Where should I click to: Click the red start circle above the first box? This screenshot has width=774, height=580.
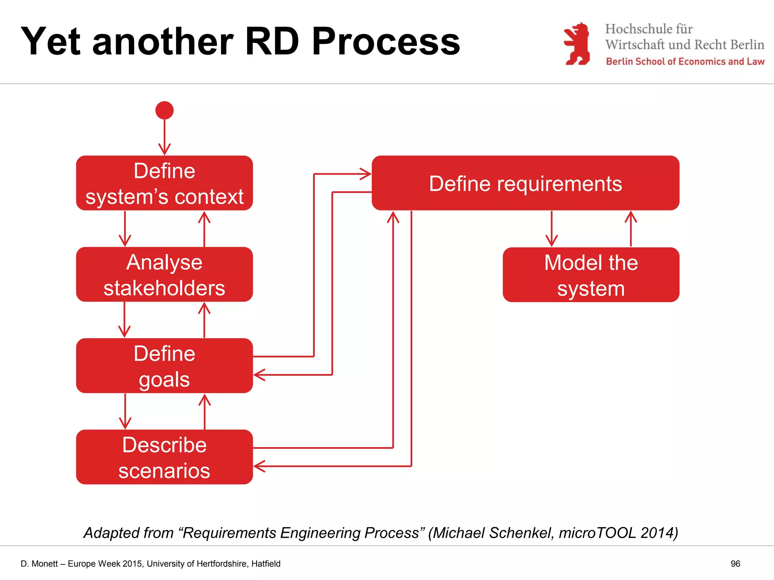pyautogui.click(x=164, y=110)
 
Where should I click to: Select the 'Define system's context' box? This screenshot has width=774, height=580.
pyautogui.click(x=164, y=183)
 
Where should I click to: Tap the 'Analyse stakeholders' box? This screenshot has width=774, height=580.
pyautogui.click(x=164, y=275)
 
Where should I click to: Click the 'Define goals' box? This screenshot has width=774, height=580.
pyautogui.click(x=164, y=366)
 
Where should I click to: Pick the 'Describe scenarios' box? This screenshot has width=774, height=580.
pyautogui.click(x=164, y=457)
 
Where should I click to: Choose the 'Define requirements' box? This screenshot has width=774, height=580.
pyautogui.click(x=525, y=183)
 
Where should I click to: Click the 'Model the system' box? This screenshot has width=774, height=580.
pyautogui.click(x=591, y=275)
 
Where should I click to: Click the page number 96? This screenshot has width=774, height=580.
pyautogui.click(x=735, y=564)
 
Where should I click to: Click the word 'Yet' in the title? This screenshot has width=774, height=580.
pyautogui.click(x=51, y=42)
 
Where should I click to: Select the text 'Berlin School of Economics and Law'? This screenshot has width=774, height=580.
pyautogui.click(x=685, y=62)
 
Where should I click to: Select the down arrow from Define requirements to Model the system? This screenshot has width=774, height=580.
pyautogui.click(x=551, y=229)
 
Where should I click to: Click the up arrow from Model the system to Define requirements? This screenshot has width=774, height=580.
pyautogui.click(x=631, y=229)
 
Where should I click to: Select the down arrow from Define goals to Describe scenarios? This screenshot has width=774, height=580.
pyautogui.click(x=125, y=412)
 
